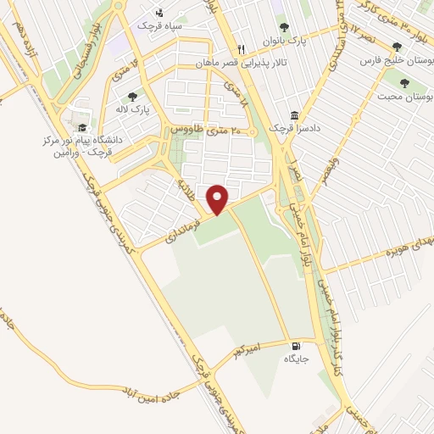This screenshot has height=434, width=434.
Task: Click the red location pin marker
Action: coord(218,199)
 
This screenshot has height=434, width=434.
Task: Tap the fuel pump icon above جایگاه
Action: coord(295,345)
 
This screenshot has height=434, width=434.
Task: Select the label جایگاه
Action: coord(296,359)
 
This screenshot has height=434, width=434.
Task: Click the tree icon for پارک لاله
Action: coord(131,97)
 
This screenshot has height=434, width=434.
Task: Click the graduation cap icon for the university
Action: coord(82,127)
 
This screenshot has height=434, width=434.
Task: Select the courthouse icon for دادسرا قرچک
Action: coord(294,115)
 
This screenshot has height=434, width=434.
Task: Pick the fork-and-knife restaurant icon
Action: coord(242,49)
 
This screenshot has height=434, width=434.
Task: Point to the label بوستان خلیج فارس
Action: coord(394,61)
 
